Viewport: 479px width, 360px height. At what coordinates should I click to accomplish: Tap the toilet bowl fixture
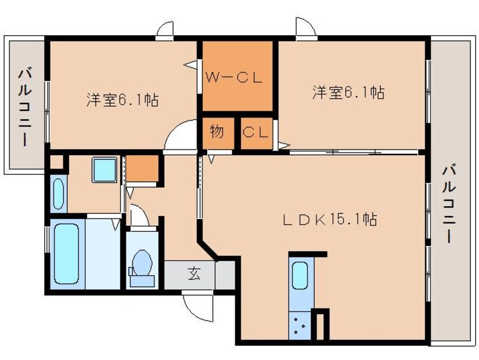(x=142, y=264)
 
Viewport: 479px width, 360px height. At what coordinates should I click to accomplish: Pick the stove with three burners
(x=300, y=326)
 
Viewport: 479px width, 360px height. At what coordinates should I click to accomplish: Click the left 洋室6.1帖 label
(x=122, y=100)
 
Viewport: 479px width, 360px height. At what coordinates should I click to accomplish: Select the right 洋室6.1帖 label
(x=348, y=92)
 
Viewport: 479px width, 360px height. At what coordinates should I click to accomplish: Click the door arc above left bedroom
(x=165, y=30)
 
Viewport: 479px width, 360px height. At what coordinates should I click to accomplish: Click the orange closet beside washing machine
(x=142, y=169)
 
